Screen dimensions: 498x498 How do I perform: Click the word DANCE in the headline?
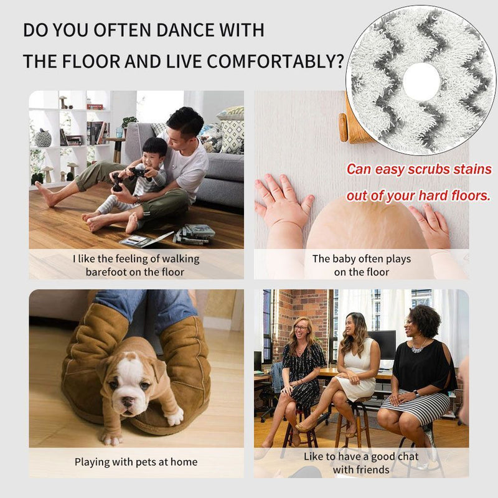click(185, 30)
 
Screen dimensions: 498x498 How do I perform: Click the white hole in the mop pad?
click(421, 81)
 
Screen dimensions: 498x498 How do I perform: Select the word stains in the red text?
click(472, 169)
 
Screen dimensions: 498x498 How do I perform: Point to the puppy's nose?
click(128, 402)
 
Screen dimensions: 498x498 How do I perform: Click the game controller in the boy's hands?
click(138, 173)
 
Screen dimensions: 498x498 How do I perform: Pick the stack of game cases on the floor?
click(194, 234)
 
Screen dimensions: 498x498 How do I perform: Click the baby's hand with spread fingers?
click(284, 199)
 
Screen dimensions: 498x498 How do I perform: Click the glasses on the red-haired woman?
click(301, 328)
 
